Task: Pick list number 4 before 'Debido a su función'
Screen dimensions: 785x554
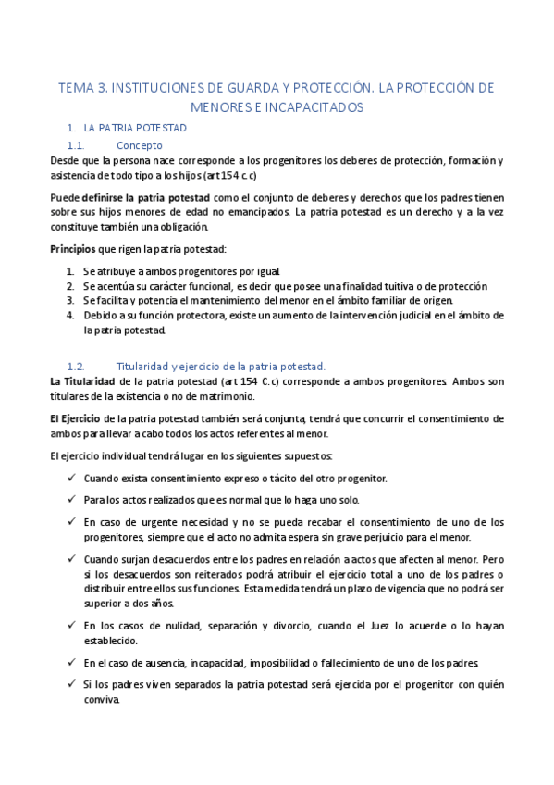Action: pyautogui.click(x=70, y=316)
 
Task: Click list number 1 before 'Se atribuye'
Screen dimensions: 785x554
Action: pyautogui.click(x=70, y=271)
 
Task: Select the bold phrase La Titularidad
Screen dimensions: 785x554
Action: pyautogui.click(x=82, y=381)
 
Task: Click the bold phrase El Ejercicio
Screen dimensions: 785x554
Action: pyautogui.click(x=77, y=418)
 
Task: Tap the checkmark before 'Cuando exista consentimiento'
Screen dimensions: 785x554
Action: pyautogui.click(x=72, y=478)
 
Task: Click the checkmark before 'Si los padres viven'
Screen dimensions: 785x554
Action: pyautogui.click(x=72, y=684)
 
